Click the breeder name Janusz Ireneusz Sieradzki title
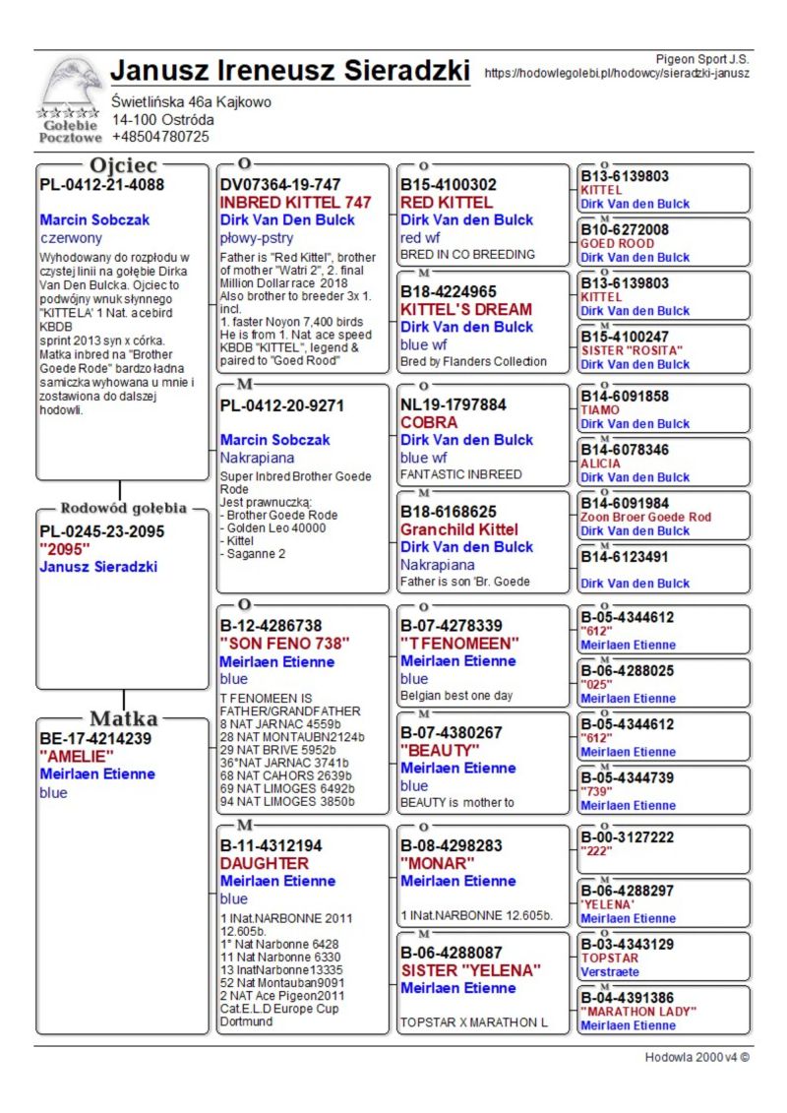[289, 72]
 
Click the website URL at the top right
[617, 73]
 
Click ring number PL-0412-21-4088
[101, 184]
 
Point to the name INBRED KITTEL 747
[295, 202]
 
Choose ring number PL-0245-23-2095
[101, 531]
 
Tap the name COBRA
[429, 422]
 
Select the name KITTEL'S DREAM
[465, 309]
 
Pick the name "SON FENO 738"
[284, 644]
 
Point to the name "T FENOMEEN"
[459, 644]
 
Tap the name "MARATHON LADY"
[638, 1012]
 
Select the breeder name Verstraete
[609, 971]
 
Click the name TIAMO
[600, 410]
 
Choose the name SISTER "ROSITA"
[631, 350]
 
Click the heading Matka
[123, 717]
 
